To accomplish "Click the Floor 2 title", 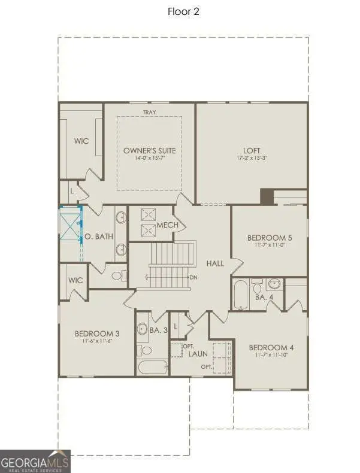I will pyautogui.click(x=183, y=12).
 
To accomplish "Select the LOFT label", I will pyautogui.click(x=252, y=150).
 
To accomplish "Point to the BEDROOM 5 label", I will pyautogui.click(x=269, y=238).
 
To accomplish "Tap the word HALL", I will pyautogui.click(x=215, y=263).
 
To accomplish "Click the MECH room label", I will pyautogui.click(x=165, y=225).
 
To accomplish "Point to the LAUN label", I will pyautogui.click(x=198, y=354).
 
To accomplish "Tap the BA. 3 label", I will pyautogui.click(x=158, y=329).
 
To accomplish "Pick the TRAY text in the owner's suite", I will pyautogui.click(x=149, y=112).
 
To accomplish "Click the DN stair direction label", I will pyautogui.click(x=193, y=278).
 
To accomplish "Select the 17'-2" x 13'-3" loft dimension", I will pyautogui.click(x=252, y=159).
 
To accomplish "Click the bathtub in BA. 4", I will pyautogui.click(x=240, y=295).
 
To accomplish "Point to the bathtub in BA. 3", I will pyautogui.click(x=152, y=366).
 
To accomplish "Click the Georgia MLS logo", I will pyautogui.click(x=35, y=461).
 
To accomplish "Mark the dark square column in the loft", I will pyautogui.click(x=267, y=196).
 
